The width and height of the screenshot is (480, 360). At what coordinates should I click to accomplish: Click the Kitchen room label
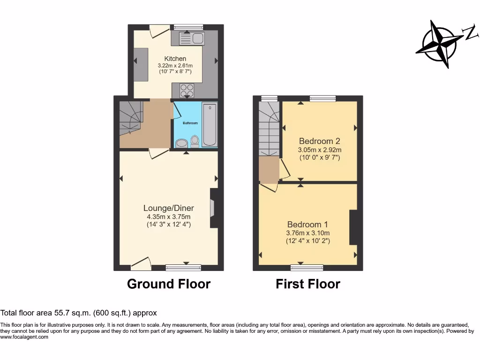(175, 59)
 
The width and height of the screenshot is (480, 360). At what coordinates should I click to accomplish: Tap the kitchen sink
(191, 38)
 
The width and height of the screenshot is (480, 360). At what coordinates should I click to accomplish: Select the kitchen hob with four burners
(187, 89)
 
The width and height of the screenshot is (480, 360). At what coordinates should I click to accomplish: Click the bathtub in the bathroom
(210, 124)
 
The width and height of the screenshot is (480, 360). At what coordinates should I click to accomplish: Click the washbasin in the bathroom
(180, 143)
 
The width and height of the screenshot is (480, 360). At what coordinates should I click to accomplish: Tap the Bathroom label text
(190, 123)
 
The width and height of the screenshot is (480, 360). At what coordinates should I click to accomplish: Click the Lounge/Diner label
(168, 208)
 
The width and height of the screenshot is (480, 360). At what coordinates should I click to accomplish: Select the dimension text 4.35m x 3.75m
(168, 217)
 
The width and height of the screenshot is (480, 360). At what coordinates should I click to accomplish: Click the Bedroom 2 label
(319, 141)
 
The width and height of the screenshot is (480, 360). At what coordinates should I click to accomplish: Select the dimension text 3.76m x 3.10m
(308, 233)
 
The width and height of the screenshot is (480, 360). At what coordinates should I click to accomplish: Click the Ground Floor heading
(169, 284)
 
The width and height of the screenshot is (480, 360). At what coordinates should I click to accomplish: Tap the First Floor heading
(308, 284)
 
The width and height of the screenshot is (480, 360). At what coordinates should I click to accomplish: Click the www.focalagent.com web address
(24, 337)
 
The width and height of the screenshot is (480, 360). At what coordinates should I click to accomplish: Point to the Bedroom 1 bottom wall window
(307, 268)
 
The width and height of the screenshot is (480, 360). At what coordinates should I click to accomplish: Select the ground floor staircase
(129, 117)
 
